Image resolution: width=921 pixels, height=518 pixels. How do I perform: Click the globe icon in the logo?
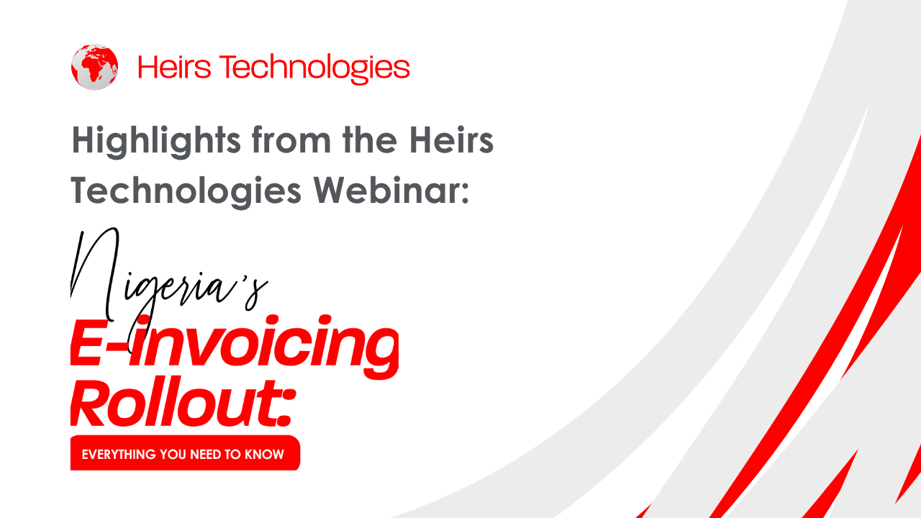point(94,67)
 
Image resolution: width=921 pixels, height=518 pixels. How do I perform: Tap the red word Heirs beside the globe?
point(174,67)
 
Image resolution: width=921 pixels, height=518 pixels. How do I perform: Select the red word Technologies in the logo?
point(314,69)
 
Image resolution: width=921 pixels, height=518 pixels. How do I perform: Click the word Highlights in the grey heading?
point(156,142)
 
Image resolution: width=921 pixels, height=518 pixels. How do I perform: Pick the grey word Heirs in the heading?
point(451,140)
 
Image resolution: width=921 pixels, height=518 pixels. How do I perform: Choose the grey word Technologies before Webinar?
point(186,192)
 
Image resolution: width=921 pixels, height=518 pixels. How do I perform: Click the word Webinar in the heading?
point(386,190)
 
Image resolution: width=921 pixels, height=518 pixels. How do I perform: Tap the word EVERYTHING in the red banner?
point(119,454)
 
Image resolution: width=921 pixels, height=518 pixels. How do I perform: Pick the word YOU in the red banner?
point(173,454)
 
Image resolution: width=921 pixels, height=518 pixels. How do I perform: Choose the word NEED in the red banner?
point(206,454)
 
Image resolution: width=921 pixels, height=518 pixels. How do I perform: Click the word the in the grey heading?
point(370,140)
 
